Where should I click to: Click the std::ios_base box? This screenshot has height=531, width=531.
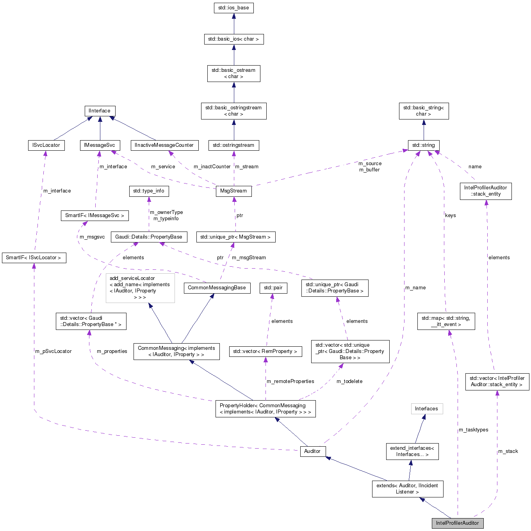[233, 8]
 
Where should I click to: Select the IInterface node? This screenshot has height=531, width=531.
[100, 111]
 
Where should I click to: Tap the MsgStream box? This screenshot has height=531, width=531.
[233, 191]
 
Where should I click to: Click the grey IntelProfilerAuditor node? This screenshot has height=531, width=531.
[457, 523]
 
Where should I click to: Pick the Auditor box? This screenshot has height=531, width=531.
[312, 451]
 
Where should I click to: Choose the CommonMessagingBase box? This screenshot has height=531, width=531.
[217, 288]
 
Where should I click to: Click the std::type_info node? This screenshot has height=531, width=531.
[149, 191]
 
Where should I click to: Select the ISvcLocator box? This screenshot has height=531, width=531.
[46, 145]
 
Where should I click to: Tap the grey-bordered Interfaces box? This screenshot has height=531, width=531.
[426, 409]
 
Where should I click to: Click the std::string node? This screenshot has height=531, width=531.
[424, 145]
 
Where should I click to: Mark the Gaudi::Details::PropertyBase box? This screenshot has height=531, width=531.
[149, 237]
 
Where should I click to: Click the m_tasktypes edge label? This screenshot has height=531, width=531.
[473, 430]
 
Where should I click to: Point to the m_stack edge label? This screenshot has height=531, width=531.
[508, 451]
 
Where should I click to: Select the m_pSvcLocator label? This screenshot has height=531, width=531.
[53, 351]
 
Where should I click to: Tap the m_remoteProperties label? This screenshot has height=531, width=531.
[290, 381]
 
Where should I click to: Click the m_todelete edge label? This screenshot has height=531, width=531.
[349, 381]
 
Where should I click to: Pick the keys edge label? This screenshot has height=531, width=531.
[450, 216]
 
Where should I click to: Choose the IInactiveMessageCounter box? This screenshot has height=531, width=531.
[164, 145]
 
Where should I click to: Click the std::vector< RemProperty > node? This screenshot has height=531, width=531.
[265, 351]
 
